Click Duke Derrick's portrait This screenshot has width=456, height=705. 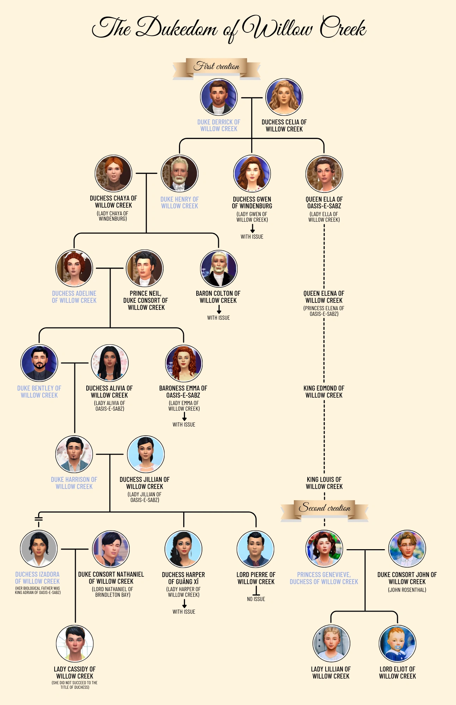218,97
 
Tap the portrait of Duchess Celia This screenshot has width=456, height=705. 284,97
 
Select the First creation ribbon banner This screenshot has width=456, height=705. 216,67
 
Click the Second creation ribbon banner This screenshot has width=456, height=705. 325,508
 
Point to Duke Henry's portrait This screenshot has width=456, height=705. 179,174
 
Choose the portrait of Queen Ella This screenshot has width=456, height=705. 324,174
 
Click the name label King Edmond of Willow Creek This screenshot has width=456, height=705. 324,392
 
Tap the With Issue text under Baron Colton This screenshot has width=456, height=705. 218,318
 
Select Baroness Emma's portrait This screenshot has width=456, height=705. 184,363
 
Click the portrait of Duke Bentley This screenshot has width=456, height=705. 39,363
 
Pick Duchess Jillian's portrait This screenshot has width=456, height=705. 146,454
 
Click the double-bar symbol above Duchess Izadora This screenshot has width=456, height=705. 39,519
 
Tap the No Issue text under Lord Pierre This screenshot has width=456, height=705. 256,599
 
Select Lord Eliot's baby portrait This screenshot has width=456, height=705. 398,644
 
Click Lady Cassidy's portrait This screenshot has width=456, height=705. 75,644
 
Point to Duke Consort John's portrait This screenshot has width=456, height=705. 407,549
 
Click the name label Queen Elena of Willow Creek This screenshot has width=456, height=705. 324,297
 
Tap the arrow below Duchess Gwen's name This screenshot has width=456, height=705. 252,228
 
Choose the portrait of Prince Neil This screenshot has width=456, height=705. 144,268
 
